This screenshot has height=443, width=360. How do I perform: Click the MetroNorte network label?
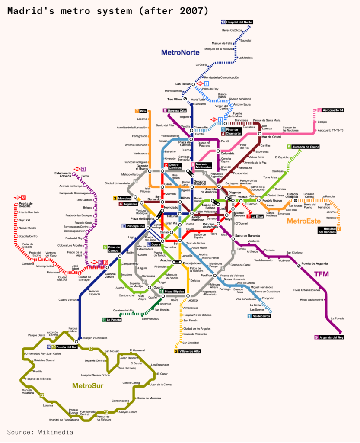[x=180, y=52]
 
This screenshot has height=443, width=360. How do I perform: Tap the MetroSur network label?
[x=87, y=385]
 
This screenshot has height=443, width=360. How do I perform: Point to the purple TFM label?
[x=322, y=274]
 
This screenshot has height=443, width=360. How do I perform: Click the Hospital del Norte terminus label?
[x=239, y=22]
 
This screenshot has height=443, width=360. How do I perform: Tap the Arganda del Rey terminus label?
[x=331, y=337]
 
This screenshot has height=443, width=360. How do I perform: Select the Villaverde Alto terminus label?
[x=189, y=351]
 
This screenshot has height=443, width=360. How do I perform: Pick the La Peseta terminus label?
[x=113, y=320]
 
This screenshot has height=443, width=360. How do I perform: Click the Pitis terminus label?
[x=143, y=111]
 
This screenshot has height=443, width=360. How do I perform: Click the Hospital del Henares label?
[x=329, y=231]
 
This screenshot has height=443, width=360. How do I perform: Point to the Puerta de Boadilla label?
[x=26, y=205]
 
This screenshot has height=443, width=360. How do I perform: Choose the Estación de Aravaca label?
[x=63, y=174]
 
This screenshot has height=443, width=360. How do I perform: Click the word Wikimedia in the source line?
[x=56, y=432]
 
